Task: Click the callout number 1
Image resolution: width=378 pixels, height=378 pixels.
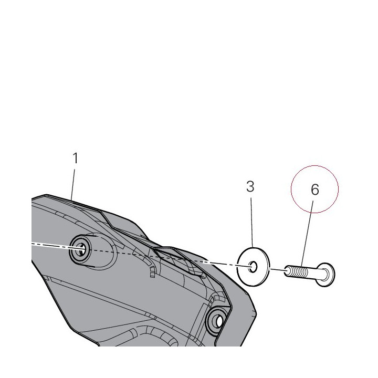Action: pos(76,158)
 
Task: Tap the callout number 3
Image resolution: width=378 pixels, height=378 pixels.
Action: pos(250,186)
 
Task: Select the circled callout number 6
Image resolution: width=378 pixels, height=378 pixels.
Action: pos(315,190)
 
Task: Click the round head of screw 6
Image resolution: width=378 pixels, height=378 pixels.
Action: pos(325,275)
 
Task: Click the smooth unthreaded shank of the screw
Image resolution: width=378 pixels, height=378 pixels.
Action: pos(313,274)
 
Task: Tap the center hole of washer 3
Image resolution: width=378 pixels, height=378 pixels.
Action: pos(253,267)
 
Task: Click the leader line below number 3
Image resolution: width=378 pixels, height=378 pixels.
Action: pos(251,222)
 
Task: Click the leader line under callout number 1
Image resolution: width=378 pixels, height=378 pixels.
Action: pos(73,184)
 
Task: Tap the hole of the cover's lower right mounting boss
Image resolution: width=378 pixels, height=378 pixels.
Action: pos(219,321)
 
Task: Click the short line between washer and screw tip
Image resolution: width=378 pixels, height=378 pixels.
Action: pos(278,269)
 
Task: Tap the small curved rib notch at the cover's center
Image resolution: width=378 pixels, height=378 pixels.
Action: pos(152,272)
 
